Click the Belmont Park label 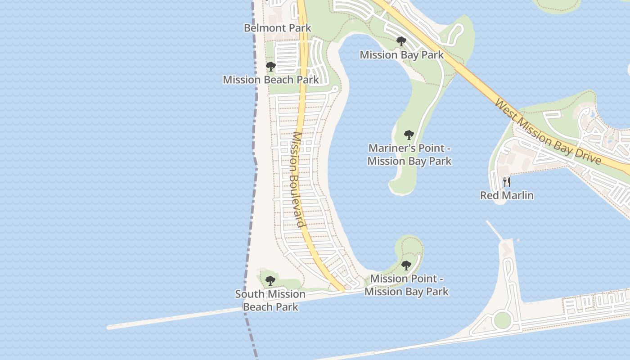pyautogui.click(x=277, y=28)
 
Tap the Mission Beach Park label pyautogui.click(x=271, y=80)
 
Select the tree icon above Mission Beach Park pyautogui.click(x=270, y=67)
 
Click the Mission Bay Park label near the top pyautogui.click(x=401, y=55)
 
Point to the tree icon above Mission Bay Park pyautogui.click(x=401, y=42)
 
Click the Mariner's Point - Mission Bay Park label pyautogui.click(x=409, y=154)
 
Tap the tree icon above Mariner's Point pyautogui.click(x=409, y=135)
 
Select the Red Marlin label pyautogui.click(x=507, y=195)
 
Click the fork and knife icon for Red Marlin pyautogui.click(x=507, y=182)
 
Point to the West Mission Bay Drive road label pyautogui.click(x=548, y=131)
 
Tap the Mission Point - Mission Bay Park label pyautogui.click(x=406, y=285)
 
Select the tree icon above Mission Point pyautogui.click(x=406, y=265)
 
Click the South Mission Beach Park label pyautogui.click(x=270, y=300)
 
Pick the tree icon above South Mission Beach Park pyautogui.click(x=270, y=281)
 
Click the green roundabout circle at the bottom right pyautogui.click(x=502, y=320)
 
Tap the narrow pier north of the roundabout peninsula pyautogui.click(x=494, y=230)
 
